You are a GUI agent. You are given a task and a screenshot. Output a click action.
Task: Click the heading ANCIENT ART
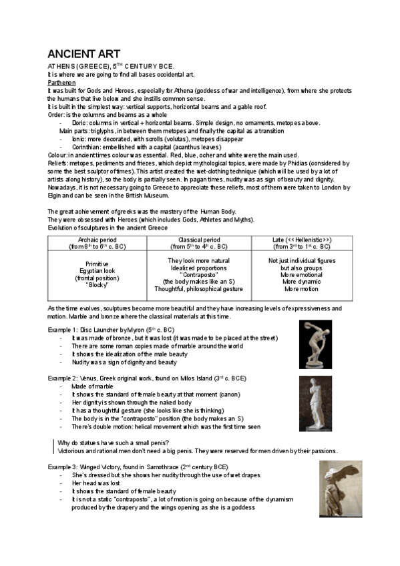(83, 53)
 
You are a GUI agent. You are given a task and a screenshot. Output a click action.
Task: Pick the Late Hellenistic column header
(301, 243)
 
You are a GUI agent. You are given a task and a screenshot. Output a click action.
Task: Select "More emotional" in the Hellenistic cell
(301, 274)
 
